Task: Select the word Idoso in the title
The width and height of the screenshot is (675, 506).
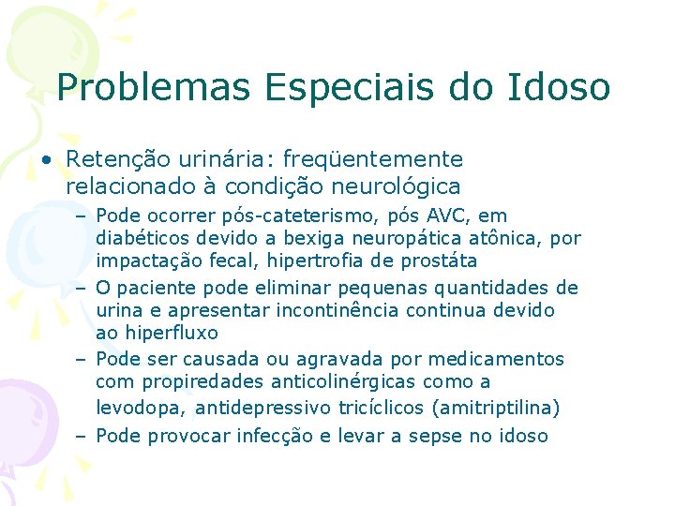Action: pyautogui.click(x=559, y=87)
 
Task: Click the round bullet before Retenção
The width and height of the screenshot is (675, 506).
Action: pyautogui.click(x=46, y=160)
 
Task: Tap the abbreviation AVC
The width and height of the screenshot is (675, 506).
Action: pyautogui.click(x=457, y=216)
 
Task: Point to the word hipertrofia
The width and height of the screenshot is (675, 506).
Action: pyautogui.click(x=337, y=260)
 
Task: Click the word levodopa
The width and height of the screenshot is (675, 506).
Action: pyautogui.click(x=142, y=408)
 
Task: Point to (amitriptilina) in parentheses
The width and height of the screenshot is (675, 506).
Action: pyautogui.click(x=487, y=408)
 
